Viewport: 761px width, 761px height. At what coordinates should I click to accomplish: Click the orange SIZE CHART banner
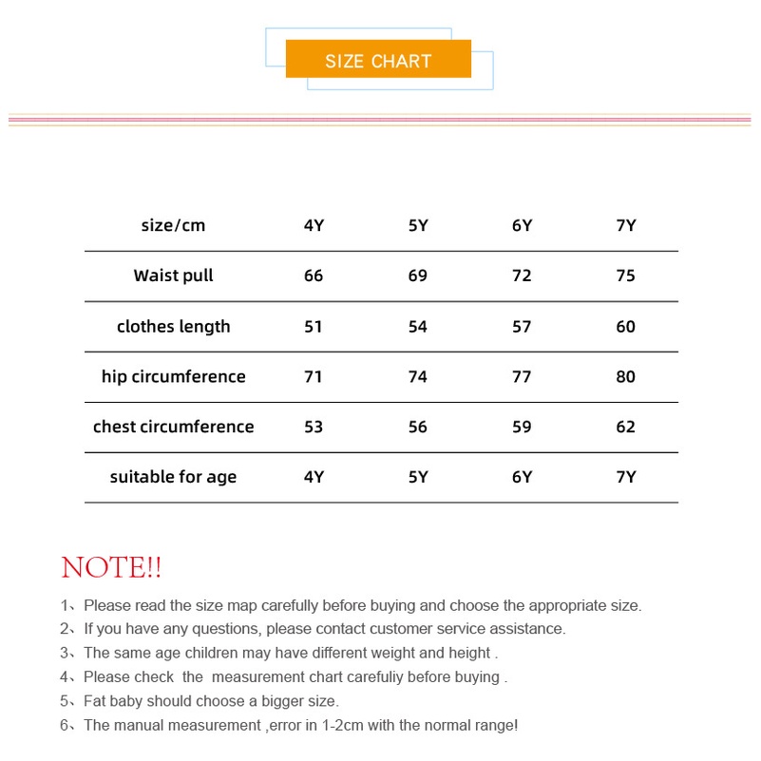pyautogui.click(x=378, y=60)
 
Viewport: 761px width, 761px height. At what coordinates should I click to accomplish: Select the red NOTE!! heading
pyautogui.click(x=111, y=568)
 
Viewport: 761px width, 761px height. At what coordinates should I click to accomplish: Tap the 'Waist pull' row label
pyautogui.click(x=173, y=276)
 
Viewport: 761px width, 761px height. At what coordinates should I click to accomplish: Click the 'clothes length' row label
pyautogui.click(x=173, y=326)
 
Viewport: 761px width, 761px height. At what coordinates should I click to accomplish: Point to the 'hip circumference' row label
pyautogui.click(x=173, y=376)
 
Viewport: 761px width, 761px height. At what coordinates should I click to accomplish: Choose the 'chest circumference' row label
pyautogui.click(x=173, y=427)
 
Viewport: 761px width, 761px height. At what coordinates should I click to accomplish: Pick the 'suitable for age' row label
pyautogui.click(x=173, y=476)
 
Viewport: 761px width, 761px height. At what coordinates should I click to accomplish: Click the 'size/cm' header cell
pyautogui.click(x=173, y=225)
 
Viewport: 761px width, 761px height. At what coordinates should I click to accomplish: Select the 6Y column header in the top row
pyautogui.click(x=522, y=225)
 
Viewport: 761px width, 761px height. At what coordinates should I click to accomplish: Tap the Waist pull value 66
pyautogui.click(x=314, y=276)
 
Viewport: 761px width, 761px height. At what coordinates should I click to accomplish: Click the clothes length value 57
pyautogui.click(x=522, y=326)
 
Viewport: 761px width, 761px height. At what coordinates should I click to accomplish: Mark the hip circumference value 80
pyautogui.click(x=625, y=376)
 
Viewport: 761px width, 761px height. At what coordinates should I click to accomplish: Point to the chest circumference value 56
pyautogui.click(x=418, y=427)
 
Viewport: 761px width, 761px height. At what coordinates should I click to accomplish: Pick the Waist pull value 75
pyautogui.click(x=625, y=276)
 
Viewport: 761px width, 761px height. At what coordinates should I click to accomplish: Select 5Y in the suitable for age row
pyautogui.click(x=418, y=476)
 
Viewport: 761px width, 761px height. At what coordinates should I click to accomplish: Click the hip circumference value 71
pyautogui.click(x=314, y=376)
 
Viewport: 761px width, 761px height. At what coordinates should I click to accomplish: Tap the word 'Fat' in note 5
pyautogui.click(x=95, y=701)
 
